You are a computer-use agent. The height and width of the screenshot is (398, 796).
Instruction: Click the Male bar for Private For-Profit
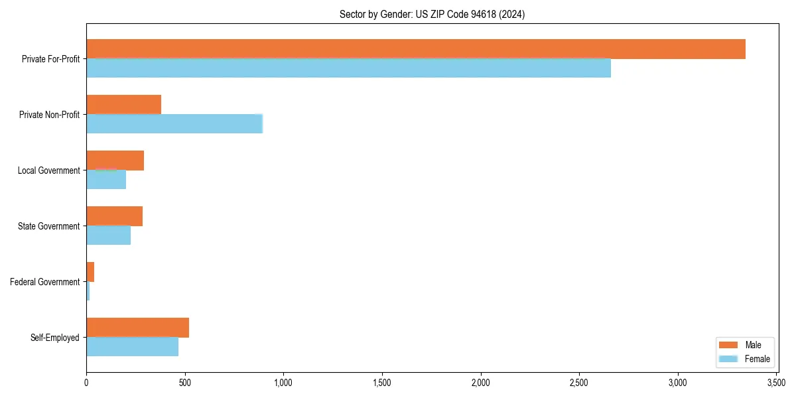click(x=416, y=49)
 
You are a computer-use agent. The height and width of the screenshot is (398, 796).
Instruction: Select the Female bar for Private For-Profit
click(x=348, y=68)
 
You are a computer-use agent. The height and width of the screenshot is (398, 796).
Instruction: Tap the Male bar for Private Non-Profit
click(x=123, y=105)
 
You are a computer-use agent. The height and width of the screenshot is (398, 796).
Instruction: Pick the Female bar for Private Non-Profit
click(x=174, y=124)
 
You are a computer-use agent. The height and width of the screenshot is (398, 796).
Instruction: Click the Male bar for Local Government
click(x=115, y=161)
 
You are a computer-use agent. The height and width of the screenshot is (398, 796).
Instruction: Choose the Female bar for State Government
click(x=108, y=235)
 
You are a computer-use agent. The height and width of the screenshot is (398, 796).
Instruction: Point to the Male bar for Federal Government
click(x=90, y=272)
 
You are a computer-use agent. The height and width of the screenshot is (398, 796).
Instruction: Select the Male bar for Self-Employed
click(x=137, y=328)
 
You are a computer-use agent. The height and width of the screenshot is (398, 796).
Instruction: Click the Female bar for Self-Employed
click(x=132, y=347)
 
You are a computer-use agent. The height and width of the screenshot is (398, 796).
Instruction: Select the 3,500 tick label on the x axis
click(x=776, y=383)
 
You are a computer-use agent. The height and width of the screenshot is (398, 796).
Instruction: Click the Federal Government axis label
click(x=44, y=282)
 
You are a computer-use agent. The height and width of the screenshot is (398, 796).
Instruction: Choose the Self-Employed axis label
click(x=54, y=338)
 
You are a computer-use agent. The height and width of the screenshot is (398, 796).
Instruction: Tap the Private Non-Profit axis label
click(x=49, y=115)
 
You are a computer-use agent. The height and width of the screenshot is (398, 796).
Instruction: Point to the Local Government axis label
click(x=48, y=170)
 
